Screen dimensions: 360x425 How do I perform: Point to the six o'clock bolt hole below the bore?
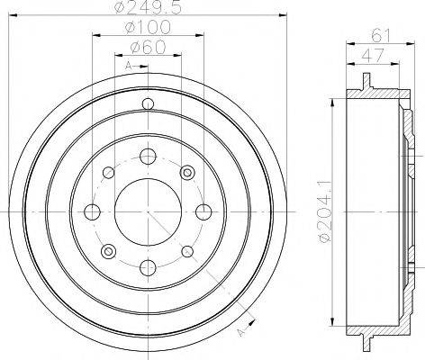click(x=146, y=267)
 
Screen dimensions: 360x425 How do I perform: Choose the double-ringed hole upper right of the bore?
click(x=186, y=172)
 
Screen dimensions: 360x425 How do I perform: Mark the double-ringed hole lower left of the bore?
click(x=106, y=251)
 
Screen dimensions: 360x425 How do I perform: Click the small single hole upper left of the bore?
click(x=106, y=172)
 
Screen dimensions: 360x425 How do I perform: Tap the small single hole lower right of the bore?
click(x=185, y=251)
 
